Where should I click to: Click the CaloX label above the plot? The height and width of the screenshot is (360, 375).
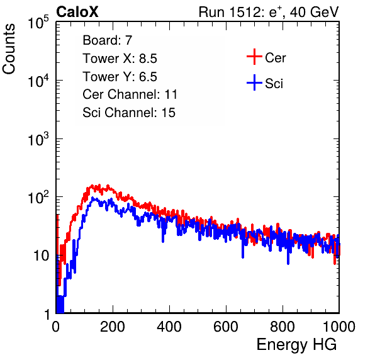(77, 12)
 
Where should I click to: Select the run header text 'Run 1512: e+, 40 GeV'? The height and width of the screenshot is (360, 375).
(269, 12)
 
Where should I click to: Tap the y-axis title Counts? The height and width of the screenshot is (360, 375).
(9, 49)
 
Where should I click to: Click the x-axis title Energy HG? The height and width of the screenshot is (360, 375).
(296, 345)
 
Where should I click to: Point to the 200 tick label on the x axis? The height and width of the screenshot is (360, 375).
(113, 327)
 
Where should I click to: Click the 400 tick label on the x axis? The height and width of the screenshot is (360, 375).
(169, 327)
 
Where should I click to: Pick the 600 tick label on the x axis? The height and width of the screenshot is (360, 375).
(226, 327)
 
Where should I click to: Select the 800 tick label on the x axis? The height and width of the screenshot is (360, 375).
(283, 327)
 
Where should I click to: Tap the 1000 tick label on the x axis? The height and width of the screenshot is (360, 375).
(339, 327)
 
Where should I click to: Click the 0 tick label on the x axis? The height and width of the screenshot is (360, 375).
(55, 327)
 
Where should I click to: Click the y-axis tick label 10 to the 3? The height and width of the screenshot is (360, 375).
(38, 139)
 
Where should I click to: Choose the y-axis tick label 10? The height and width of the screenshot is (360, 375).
(41, 256)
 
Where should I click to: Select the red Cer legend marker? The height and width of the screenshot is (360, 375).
(254, 57)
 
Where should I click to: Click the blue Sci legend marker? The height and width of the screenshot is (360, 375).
(254, 82)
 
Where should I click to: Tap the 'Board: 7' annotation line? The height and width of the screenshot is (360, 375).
(108, 40)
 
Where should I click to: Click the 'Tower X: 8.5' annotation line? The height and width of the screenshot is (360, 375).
(120, 59)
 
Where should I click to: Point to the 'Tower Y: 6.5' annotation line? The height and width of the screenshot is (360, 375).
(120, 77)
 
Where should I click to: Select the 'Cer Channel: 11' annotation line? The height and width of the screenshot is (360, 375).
(130, 94)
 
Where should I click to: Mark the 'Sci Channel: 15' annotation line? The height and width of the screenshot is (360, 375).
(129, 113)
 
